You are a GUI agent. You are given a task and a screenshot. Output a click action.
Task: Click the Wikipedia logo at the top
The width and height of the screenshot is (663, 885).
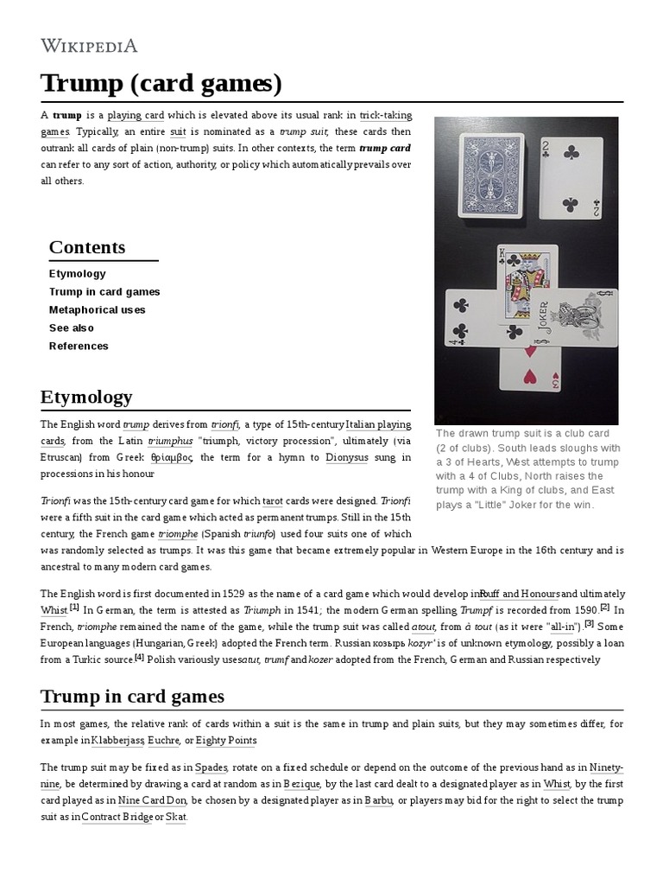tap(89, 46)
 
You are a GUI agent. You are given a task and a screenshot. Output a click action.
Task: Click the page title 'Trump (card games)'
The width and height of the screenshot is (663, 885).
tap(161, 84)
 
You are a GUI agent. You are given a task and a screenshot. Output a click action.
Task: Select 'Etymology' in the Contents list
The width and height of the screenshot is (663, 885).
tap(78, 274)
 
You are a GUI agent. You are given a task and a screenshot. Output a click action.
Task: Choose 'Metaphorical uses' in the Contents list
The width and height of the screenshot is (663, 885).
tap(97, 310)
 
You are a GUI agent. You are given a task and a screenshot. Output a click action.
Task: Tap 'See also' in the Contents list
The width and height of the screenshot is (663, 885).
tap(72, 328)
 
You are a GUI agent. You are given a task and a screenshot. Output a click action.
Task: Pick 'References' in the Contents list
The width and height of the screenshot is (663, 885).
tap(79, 347)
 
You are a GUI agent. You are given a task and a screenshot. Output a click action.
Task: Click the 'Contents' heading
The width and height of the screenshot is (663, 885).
tap(87, 247)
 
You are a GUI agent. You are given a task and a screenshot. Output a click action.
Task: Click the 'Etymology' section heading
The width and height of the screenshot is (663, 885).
tap(86, 398)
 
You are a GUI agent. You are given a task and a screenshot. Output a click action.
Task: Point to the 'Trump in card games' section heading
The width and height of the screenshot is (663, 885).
tap(132, 696)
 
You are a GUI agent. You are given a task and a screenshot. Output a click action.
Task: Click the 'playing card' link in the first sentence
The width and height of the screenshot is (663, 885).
tap(136, 116)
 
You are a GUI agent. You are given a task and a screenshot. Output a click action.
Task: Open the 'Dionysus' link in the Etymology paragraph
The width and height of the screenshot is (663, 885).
tap(346, 457)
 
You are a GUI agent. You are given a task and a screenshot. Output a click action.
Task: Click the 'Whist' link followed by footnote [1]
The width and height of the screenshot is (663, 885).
tap(54, 610)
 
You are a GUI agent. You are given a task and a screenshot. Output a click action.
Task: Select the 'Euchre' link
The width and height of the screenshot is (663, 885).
tap(163, 741)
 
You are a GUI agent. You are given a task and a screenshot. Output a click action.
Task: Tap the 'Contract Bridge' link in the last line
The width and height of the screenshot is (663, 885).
tap(117, 817)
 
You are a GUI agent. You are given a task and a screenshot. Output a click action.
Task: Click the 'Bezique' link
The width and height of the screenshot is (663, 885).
tap(302, 784)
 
